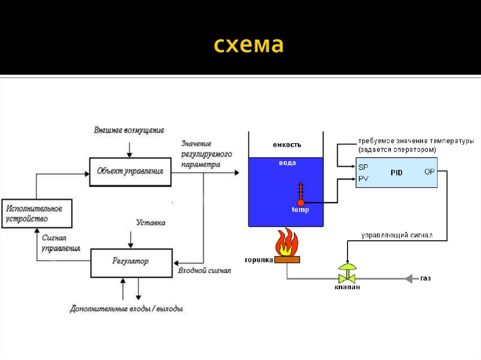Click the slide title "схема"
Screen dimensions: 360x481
click(249, 46)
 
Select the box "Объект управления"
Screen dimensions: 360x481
click(130, 172)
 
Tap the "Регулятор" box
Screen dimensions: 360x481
click(131, 261)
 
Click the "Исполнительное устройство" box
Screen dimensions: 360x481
click(37, 213)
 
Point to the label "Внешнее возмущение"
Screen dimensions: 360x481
click(129, 130)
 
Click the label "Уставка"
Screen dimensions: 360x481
click(150, 222)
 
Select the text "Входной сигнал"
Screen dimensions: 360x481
click(204, 271)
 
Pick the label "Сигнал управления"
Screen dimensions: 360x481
click(61, 243)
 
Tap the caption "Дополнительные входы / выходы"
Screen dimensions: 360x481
click(126, 309)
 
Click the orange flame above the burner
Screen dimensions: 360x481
click(287, 242)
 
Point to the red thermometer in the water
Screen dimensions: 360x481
click(301, 194)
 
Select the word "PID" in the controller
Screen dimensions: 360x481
click(396, 173)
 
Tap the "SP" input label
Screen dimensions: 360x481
click(363, 167)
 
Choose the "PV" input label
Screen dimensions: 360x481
click(363, 178)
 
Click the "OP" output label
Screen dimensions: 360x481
click(429, 172)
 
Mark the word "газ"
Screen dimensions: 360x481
click(426, 278)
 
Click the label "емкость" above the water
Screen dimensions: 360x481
click(287, 145)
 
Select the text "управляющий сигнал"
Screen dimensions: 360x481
click(396, 234)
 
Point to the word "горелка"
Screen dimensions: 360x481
click(259, 260)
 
